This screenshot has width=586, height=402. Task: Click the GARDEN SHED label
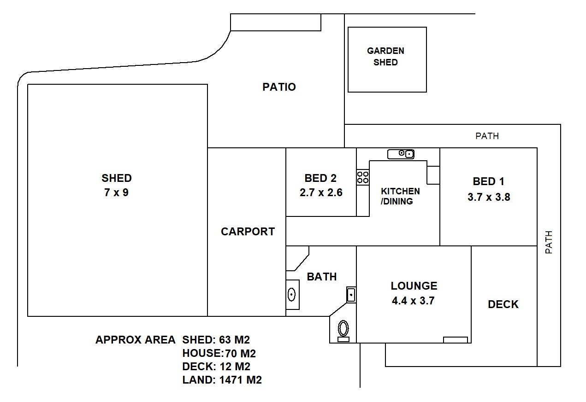click(385, 57)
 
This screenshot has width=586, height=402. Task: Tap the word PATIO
click(279, 87)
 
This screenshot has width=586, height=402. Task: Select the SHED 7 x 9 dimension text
click(116, 192)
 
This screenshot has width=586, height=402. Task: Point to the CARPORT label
click(248, 232)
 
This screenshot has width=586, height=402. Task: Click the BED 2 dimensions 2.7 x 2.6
click(321, 192)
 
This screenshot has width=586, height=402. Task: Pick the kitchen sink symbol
click(401, 154)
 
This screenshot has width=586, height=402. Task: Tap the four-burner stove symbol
click(363, 177)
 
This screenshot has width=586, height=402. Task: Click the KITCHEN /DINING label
click(400, 196)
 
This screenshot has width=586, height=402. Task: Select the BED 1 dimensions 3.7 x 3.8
click(489, 197)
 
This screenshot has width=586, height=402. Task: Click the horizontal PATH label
click(487, 136)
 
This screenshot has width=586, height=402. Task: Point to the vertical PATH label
click(549, 242)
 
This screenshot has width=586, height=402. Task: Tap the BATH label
click(322, 277)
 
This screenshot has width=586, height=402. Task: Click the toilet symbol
click(343, 331)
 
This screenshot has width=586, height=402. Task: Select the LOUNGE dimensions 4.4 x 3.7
click(414, 301)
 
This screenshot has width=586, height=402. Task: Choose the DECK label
click(503, 304)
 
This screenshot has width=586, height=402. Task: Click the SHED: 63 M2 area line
click(216, 339)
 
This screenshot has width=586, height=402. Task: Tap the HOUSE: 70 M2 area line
click(219, 353)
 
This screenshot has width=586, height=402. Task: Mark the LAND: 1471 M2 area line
click(222, 380)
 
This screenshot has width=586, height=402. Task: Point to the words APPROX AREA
click(136, 339)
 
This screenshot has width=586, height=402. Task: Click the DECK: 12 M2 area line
click(216, 367)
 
